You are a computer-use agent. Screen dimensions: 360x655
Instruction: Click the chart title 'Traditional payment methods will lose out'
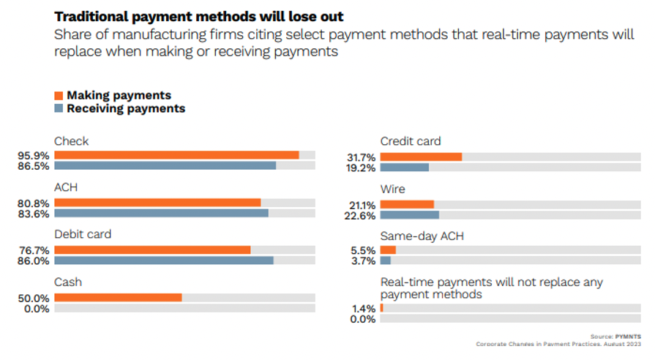pyautogui.click(x=189, y=16)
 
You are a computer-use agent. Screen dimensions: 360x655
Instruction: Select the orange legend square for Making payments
pyautogui.click(x=59, y=95)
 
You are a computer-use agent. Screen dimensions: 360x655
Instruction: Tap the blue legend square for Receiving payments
pyautogui.click(x=59, y=109)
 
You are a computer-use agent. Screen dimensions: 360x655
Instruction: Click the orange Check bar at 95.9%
pyautogui.click(x=176, y=155)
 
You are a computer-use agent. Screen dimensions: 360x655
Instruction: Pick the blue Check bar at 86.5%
pyautogui.click(x=165, y=165)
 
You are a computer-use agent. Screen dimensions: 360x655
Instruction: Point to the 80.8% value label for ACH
pyautogui.click(x=35, y=203)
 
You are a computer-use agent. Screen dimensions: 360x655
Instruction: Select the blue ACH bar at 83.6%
pyautogui.click(x=161, y=213)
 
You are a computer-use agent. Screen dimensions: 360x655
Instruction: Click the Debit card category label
pyautogui.click(x=82, y=235)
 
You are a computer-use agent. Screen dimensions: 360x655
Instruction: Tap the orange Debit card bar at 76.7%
pyautogui.click(x=152, y=250)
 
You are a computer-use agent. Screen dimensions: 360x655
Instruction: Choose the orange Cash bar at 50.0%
pyautogui.click(x=118, y=297)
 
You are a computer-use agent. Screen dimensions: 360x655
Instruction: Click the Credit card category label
pyautogui.click(x=411, y=141)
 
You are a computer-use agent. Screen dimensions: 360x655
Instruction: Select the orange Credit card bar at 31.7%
pyautogui.click(x=421, y=156)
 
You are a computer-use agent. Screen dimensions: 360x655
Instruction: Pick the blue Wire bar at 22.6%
pyautogui.click(x=409, y=214)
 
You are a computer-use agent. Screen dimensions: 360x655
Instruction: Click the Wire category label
pyautogui.click(x=393, y=189)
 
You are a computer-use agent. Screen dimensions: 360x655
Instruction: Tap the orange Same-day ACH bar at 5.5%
pyautogui.click(x=388, y=250)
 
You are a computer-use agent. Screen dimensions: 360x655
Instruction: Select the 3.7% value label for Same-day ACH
pyautogui.click(x=364, y=260)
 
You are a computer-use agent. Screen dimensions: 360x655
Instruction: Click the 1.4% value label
pyautogui.click(x=364, y=309)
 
